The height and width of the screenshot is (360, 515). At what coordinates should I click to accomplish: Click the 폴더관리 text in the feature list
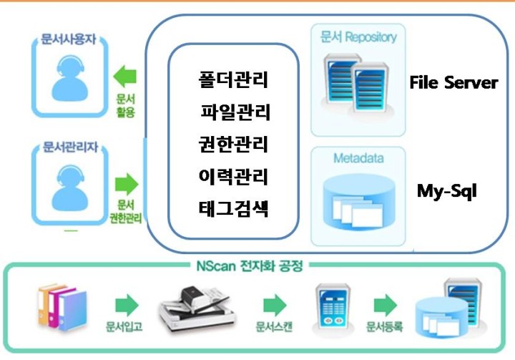(233, 79)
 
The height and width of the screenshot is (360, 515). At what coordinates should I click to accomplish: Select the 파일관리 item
(235, 112)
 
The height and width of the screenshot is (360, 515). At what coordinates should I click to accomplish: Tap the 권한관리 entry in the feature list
(233, 144)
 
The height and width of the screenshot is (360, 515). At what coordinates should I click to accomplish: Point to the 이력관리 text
(233, 176)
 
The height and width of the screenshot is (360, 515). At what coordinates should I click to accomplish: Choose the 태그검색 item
(233, 208)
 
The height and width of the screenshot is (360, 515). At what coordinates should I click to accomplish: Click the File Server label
(453, 82)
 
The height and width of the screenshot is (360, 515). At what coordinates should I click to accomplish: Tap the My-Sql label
(446, 191)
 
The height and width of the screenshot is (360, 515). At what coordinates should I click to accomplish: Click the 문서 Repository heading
(358, 37)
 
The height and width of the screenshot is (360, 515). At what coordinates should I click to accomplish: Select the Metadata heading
(358, 158)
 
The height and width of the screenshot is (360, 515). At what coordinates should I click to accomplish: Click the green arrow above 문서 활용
(124, 77)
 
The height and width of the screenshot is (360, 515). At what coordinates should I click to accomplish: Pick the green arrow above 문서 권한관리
(127, 184)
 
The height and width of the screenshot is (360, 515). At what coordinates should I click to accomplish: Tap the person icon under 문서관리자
(70, 188)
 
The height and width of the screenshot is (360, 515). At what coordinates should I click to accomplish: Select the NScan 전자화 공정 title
(250, 266)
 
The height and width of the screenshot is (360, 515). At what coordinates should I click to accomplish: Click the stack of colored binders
(62, 308)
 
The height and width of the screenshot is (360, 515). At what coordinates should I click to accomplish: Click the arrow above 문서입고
(127, 305)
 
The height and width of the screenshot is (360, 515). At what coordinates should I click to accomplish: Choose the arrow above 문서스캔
(275, 305)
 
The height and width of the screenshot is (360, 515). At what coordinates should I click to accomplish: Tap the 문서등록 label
(384, 326)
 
